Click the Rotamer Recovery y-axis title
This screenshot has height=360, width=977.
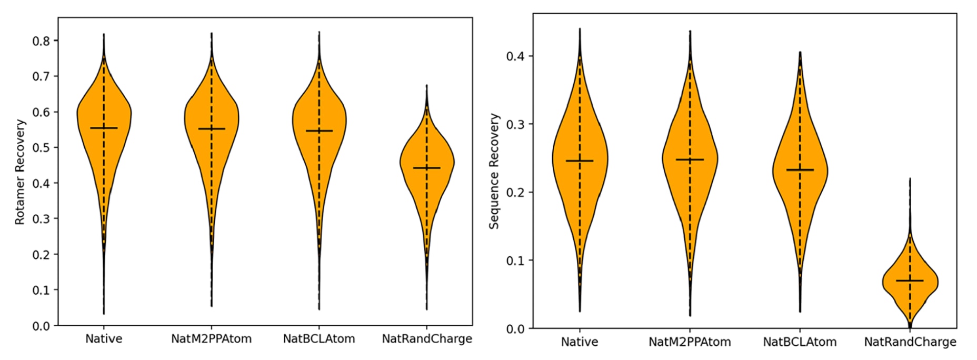click(x=20, y=172)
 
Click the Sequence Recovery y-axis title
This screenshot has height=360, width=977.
click(x=494, y=172)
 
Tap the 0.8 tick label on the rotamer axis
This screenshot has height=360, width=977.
click(x=42, y=41)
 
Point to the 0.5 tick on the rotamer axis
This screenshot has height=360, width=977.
click(x=42, y=147)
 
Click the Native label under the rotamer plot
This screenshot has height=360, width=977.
click(x=104, y=339)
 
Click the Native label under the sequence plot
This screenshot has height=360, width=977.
click(x=579, y=342)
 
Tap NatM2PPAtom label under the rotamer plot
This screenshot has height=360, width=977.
click(x=211, y=339)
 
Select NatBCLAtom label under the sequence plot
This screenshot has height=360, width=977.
click(x=800, y=342)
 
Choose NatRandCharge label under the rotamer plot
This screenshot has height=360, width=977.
click(x=427, y=339)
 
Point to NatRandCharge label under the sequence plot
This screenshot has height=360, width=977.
click(x=910, y=342)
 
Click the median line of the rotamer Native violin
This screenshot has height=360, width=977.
click(x=104, y=128)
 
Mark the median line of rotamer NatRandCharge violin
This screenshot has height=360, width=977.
click(x=427, y=168)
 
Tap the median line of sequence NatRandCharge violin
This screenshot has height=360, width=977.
click(x=910, y=281)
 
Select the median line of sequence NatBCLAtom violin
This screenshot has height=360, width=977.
click(x=800, y=170)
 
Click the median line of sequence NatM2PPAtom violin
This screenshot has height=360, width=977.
click(x=690, y=159)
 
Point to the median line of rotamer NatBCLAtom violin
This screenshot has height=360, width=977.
click(x=319, y=131)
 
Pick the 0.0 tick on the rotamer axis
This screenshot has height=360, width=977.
click(x=42, y=326)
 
